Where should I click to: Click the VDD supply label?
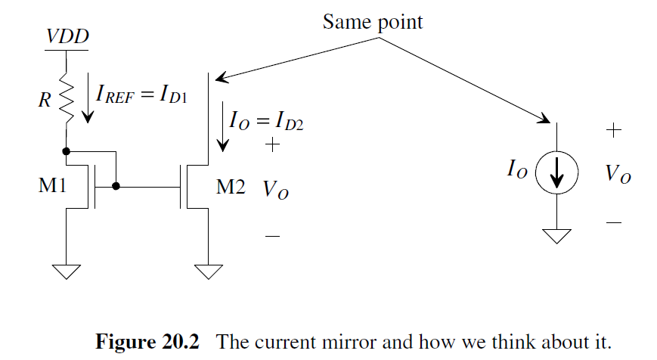[66, 36]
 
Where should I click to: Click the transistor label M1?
[54, 186]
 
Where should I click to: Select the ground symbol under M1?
[67, 271]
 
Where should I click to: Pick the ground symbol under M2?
[208, 271]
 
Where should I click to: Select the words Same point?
[373, 22]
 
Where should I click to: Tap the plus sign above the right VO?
[613, 130]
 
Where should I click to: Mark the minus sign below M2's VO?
[273, 237]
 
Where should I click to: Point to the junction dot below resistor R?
[67, 151]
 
